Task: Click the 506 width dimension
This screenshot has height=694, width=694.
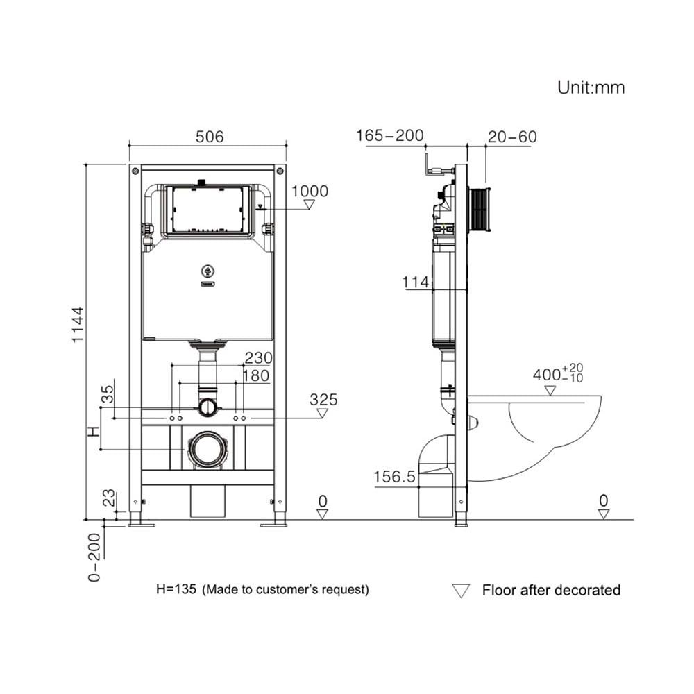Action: tap(209, 137)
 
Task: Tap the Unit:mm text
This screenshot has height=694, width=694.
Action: tap(591, 87)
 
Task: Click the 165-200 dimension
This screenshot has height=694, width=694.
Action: tap(390, 135)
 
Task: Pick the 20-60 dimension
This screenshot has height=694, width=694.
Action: tap(512, 137)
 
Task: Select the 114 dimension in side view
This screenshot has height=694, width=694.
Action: tap(415, 282)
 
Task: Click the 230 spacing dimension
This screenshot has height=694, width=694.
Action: tap(257, 357)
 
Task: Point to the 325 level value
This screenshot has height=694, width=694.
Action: tap(323, 400)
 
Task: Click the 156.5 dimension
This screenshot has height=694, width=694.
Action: tap(394, 477)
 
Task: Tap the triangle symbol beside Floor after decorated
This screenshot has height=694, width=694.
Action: tap(461, 591)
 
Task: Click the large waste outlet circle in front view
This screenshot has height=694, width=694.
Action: tap(208, 449)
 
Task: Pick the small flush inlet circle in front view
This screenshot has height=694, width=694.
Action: tap(208, 407)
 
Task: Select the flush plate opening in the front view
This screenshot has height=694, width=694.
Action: tap(206, 208)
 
